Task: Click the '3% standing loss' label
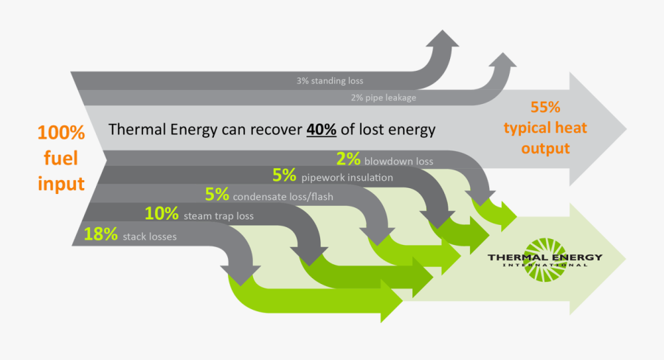[x=330, y=80]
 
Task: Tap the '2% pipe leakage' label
[x=383, y=97]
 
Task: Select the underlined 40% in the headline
[x=322, y=130]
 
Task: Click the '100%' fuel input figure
[x=62, y=134]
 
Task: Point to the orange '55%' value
[x=545, y=108]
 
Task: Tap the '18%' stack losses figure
[x=101, y=235]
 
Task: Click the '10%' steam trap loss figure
[x=162, y=215]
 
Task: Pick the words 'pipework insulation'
[x=347, y=178]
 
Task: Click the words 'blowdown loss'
[x=398, y=160]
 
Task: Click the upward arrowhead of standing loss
[x=445, y=41]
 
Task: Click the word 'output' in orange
[x=545, y=148]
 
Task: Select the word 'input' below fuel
[x=62, y=184]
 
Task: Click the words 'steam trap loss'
[x=218, y=216]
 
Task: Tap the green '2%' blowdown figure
[x=348, y=158]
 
